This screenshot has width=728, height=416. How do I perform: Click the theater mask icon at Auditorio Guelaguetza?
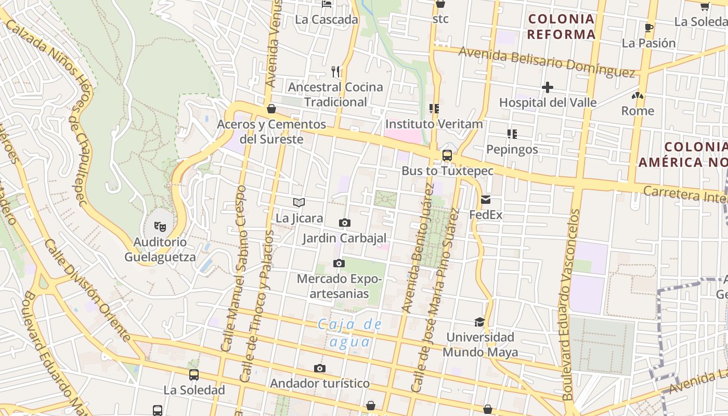(x=160, y=226)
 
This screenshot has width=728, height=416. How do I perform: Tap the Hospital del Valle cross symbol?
(x=547, y=87)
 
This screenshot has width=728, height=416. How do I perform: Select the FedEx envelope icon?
(x=486, y=199)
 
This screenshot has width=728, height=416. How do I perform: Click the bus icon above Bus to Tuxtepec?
(x=447, y=155)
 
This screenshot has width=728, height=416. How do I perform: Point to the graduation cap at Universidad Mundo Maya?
(x=479, y=322)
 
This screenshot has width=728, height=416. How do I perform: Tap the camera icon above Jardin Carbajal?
(x=344, y=223)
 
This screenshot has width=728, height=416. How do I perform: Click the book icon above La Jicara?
(x=299, y=202)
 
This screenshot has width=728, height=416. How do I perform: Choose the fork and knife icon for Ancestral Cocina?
(x=335, y=71)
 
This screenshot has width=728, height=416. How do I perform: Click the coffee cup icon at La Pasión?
(x=648, y=28)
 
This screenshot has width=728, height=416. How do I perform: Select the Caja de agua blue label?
(x=350, y=333)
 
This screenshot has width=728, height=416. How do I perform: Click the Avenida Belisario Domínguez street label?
(x=547, y=62)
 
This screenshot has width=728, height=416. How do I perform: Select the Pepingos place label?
(x=512, y=149)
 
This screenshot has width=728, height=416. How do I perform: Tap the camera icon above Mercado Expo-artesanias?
(x=339, y=264)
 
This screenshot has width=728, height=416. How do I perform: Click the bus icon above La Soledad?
(x=194, y=374)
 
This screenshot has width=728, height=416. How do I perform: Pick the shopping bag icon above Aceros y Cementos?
(x=271, y=109)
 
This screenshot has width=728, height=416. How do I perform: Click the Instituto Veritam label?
(x=434, y=124)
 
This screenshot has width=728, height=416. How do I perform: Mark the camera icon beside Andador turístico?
(x=320, y=369)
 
